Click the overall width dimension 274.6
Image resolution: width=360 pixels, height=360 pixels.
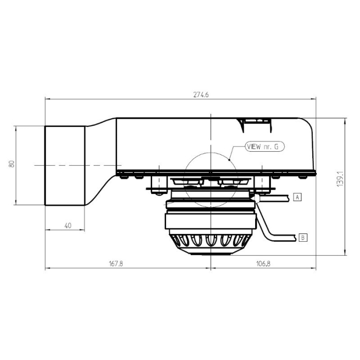coord(201,95)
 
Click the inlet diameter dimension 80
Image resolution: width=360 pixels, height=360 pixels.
coord(11,164)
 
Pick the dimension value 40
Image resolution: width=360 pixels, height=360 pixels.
coord(67,225)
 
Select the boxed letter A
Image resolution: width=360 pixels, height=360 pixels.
coord(297,196)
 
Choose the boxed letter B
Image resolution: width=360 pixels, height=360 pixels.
coord(303,237)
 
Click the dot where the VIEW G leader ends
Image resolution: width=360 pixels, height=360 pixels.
coord(230,160)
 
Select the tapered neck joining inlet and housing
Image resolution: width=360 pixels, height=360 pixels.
coord(100,165)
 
